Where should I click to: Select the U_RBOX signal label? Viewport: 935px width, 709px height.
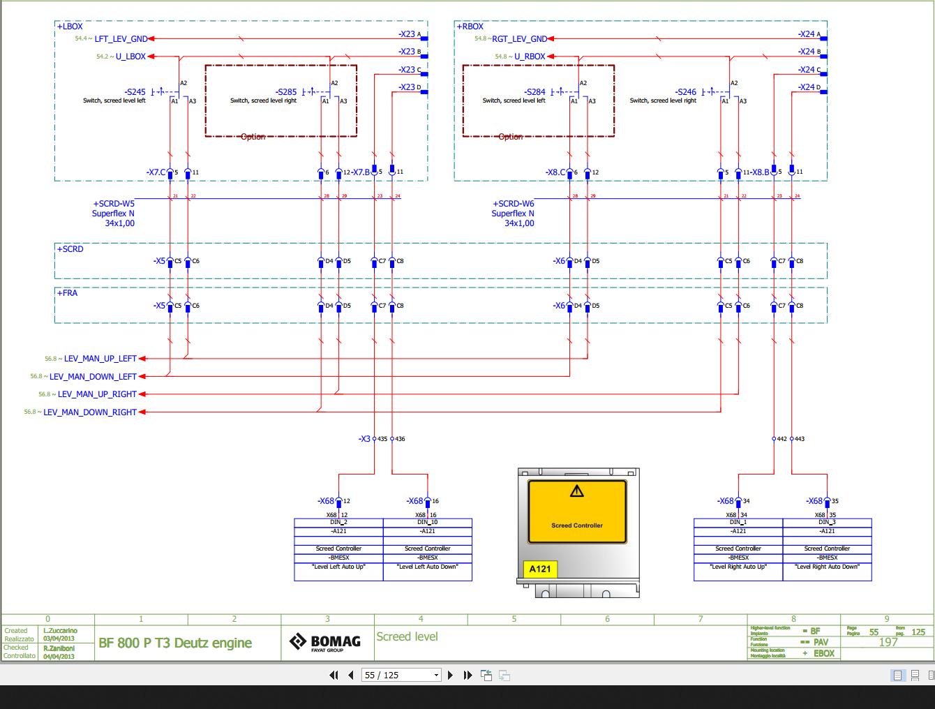(x=530, y=57)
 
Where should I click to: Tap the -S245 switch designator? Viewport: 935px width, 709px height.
(x=135, y=92)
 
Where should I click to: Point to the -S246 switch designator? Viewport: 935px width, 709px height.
(x=685, y=92)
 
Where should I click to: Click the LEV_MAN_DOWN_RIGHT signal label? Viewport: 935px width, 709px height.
(x=90, y=412)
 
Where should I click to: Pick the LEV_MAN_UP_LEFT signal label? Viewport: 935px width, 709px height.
(x=100, y=359)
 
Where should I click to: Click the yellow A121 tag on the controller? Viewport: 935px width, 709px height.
(x=539, y=569)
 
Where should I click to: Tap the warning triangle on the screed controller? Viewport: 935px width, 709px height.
(x=576, y=491)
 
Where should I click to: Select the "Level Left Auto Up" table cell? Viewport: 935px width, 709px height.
(x=338, y=567)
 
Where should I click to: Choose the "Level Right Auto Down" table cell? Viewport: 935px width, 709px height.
(x=827, y=567)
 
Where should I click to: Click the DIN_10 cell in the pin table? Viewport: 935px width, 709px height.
(x=428, y=522)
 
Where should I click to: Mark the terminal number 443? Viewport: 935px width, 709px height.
(x=800, y=439)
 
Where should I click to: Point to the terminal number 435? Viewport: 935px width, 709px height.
(x=382, y=439)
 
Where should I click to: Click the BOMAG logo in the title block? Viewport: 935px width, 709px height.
(x=326, y=642)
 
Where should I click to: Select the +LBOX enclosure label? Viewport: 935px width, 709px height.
(x=70, y=27)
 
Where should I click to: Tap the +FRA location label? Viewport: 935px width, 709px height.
(x=68, y=293)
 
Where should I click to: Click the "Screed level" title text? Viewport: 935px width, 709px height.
(x=407, y=636)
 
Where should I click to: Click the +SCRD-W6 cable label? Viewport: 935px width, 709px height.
(x=514, y=204)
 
